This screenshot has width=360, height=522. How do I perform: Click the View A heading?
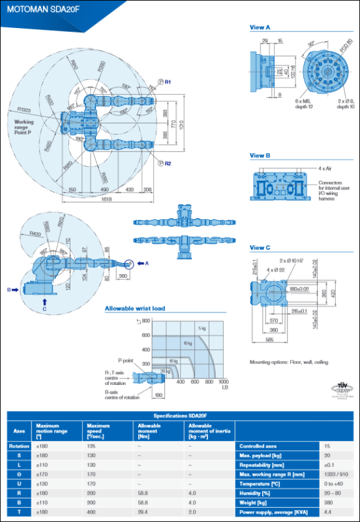(x=261, y=27)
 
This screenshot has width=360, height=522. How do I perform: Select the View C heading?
(x=261, y=248)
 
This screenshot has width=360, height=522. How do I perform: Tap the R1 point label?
(x=168, y=82)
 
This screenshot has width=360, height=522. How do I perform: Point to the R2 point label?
(x=168, y=163)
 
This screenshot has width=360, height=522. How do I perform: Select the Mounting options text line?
(x=289, y=362)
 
